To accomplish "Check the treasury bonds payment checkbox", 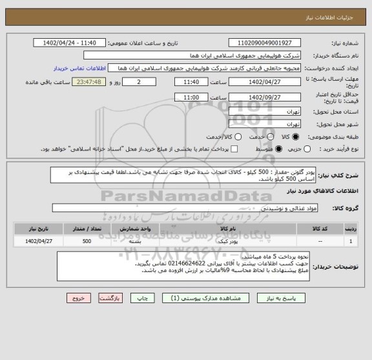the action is point(233,149).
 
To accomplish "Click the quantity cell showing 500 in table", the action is point(86,241).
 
